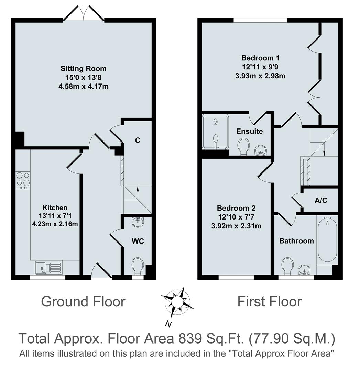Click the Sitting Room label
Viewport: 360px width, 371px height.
click(x=84, y=69)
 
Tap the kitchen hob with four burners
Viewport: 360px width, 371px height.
click(x=23, y=179)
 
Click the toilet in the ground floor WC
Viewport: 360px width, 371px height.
click(x=138, y=265)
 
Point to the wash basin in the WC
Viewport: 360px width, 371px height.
click(x=138, y=222)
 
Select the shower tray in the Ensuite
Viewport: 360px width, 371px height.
click(x=215, y=132)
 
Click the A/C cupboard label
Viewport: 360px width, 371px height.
click(x=321, y=201)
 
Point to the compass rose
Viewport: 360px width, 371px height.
click(x=177, y=302)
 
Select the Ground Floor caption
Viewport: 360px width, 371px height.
click(x=83, y=302)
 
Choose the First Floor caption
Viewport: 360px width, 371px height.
click(x=269, y=302)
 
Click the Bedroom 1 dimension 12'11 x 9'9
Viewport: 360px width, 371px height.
click(x=260, y=67)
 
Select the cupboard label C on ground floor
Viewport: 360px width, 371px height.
click(x=137, y=140)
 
